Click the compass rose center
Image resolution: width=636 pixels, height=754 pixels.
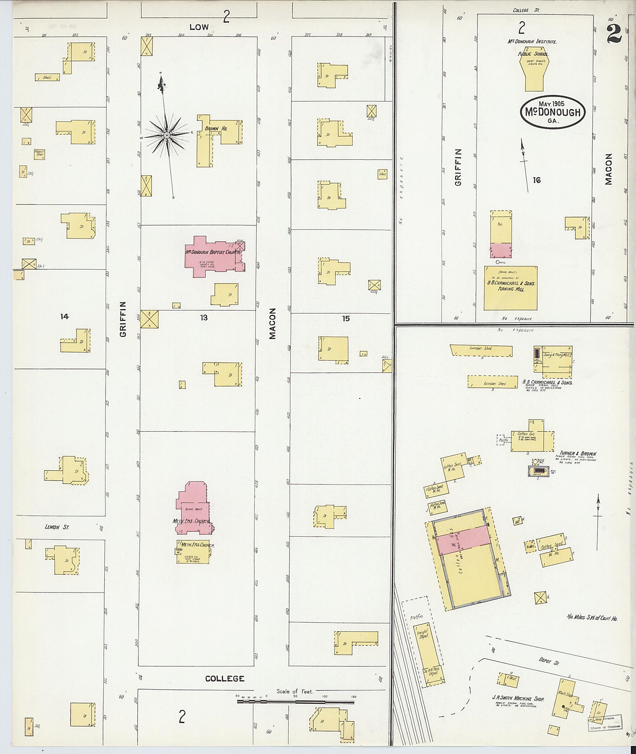pos(167,135)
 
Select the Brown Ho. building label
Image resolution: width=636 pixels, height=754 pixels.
pos(216,128)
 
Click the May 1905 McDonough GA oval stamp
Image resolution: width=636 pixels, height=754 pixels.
pos(552,112)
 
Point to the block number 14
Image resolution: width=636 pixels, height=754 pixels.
pos(64,316)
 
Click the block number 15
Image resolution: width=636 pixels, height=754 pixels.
pos(346,318)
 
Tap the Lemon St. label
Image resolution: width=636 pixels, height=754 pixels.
pos(57,527)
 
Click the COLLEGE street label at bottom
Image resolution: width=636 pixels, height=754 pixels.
pos(225,678)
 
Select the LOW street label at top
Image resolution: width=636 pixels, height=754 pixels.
pos(199,27)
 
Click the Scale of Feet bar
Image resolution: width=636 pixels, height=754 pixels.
pos(295,702)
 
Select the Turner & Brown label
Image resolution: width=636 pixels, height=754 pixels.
pos(577,454)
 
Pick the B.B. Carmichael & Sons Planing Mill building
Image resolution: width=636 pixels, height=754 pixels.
pos(510,288)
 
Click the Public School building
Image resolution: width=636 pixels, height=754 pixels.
pos(534,72)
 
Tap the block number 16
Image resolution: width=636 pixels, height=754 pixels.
pos(537,180)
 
